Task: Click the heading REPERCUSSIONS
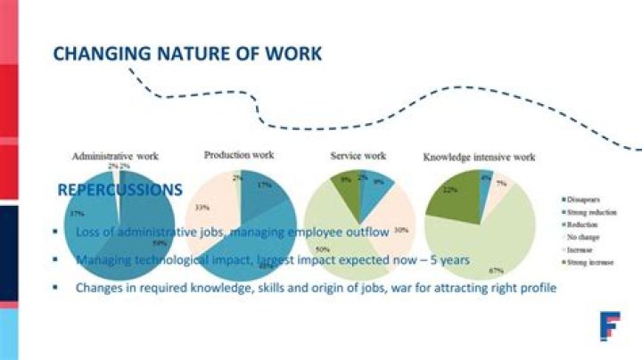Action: [x=120, y=190]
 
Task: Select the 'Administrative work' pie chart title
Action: [x=115, y=156]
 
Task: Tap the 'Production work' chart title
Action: [x=238, y=154]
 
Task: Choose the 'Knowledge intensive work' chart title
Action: [x=478, y=157]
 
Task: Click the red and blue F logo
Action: [x=610, y=326]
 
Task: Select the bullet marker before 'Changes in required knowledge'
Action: [x=55, y=288]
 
